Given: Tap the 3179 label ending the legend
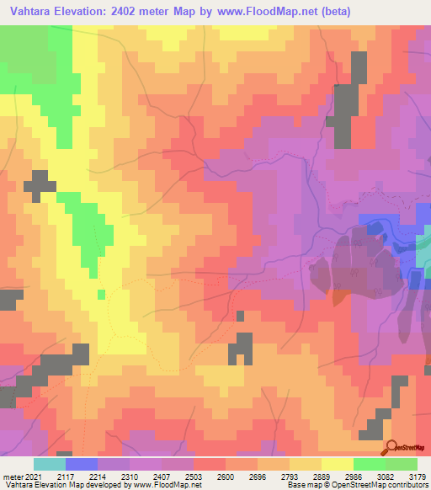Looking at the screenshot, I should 416,476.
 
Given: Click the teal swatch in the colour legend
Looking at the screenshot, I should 50,464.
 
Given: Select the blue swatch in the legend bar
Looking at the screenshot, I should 82,464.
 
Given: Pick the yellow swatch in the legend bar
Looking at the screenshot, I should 337,464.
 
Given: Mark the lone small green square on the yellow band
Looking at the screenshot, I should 101,294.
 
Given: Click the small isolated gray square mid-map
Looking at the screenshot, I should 240,317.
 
